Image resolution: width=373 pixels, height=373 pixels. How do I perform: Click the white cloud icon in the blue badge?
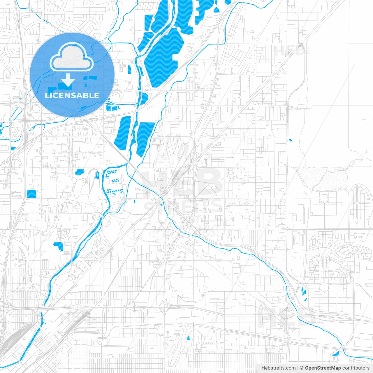[x=71, y=57]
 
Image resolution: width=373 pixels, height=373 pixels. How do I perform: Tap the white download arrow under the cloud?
[x=68, y=80]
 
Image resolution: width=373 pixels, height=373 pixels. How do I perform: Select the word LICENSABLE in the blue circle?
[x=72, y=95]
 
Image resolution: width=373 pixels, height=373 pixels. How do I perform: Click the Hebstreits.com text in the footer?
[x=278, y=368]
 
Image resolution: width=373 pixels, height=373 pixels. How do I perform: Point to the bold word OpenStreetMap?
[x=323, y=368]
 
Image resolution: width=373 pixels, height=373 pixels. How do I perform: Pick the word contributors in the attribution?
[x=356, y=368]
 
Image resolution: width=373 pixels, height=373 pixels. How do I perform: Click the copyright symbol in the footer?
[x=302, y=368]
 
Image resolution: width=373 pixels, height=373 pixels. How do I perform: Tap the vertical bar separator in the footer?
[x=298, y=368]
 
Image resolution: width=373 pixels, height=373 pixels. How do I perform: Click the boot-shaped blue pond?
[x=59, y=246]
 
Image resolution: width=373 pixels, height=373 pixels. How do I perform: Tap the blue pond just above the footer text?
[x=336, y=354]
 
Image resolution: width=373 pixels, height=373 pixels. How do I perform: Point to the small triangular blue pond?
[x=216, y=10]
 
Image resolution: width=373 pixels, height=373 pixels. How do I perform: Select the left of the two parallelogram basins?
[x=123, y=133]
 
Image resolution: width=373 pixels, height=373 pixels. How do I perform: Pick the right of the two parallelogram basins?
[x=145, y=138]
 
